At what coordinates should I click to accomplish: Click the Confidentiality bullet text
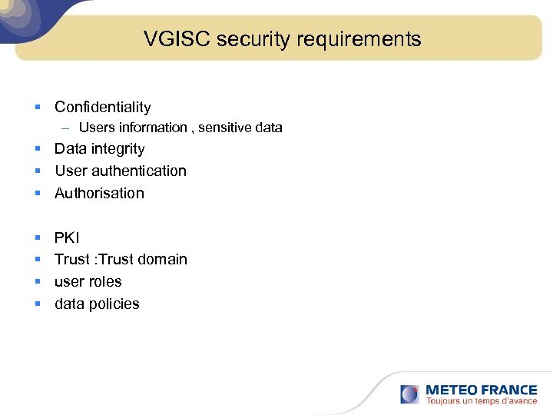(x=102, y=108)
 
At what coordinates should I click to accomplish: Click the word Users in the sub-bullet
(x=95, y=128)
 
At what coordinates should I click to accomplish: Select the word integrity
(x=118, y=149)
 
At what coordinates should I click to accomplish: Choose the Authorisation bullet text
(x=99, y=194)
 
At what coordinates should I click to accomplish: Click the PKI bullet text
(x=67, y=237)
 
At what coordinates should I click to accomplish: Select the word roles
(x=105, y=282)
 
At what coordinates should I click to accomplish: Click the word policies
(x=113, y=304)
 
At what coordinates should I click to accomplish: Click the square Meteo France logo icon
(x=410, y=394)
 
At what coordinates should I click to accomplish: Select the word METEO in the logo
(x=452, y=390)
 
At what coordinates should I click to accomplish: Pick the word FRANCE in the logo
(x=508, y=390)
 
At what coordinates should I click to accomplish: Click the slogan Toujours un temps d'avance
(x=481, y=401)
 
